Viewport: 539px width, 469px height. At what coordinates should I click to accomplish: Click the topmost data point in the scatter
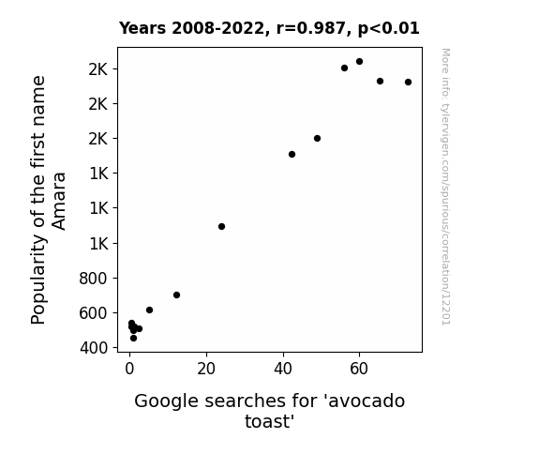[359, 62]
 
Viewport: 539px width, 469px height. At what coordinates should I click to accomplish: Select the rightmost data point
[408, 82]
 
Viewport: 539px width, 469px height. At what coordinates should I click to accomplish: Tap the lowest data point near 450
[133, 339]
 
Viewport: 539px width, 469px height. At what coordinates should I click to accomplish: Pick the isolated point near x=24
[222, 226]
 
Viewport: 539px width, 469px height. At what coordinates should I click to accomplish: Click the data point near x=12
[176, 295]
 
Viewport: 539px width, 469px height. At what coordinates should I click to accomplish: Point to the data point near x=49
[317, 138]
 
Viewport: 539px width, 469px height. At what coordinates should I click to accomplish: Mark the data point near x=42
[292, 154]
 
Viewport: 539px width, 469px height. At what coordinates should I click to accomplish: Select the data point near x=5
[149, 310]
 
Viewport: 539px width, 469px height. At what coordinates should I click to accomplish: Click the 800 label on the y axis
[93, 278]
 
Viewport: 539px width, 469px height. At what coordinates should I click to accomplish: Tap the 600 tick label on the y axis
[93, 313]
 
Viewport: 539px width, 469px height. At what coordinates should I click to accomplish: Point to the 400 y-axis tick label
[94, 348]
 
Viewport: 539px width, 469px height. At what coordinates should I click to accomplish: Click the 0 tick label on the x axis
[129, 369]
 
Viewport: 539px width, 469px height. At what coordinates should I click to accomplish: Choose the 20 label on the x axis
[206, 369]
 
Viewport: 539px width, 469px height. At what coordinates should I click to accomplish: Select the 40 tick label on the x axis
[283, 369]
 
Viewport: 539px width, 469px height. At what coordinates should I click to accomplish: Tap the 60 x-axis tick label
[359, 369]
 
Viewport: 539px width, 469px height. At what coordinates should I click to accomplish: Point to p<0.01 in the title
[389, 29]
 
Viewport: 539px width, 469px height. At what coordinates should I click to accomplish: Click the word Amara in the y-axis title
[58, 202]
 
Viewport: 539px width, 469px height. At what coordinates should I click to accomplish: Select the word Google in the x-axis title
[166, 401]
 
